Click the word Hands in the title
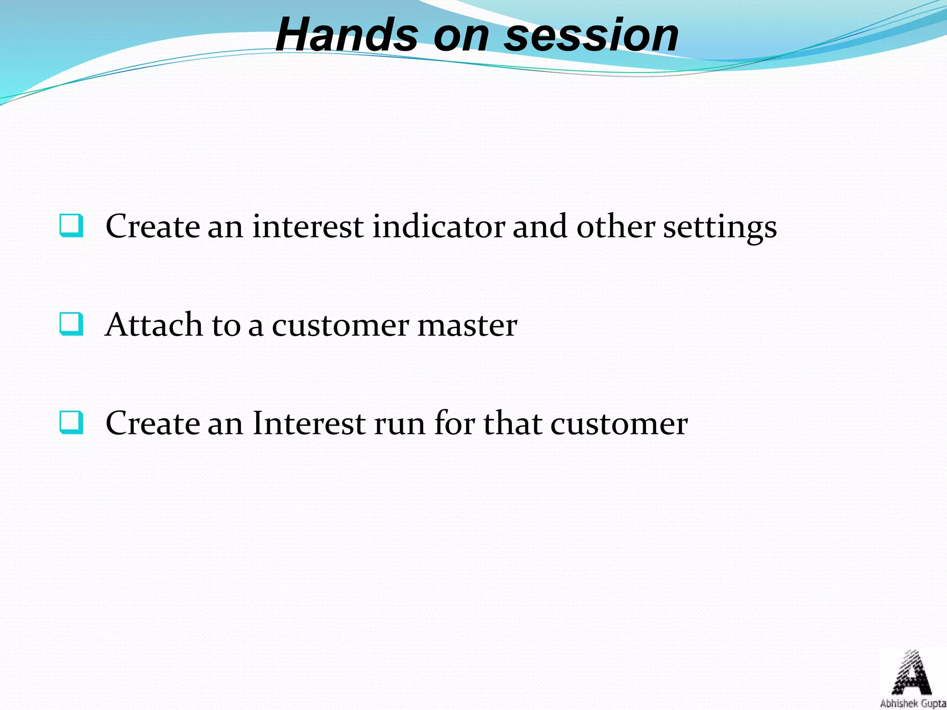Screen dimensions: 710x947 coord(347,35)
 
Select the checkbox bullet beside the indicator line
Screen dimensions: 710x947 coord(72,226)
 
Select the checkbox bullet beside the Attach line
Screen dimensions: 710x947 coord(72,324)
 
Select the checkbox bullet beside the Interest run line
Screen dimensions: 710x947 coord(72,422)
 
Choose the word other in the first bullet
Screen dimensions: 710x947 coord(615,226)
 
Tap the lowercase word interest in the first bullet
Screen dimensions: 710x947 coord(307,226)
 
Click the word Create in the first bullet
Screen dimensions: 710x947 coord(152,226)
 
